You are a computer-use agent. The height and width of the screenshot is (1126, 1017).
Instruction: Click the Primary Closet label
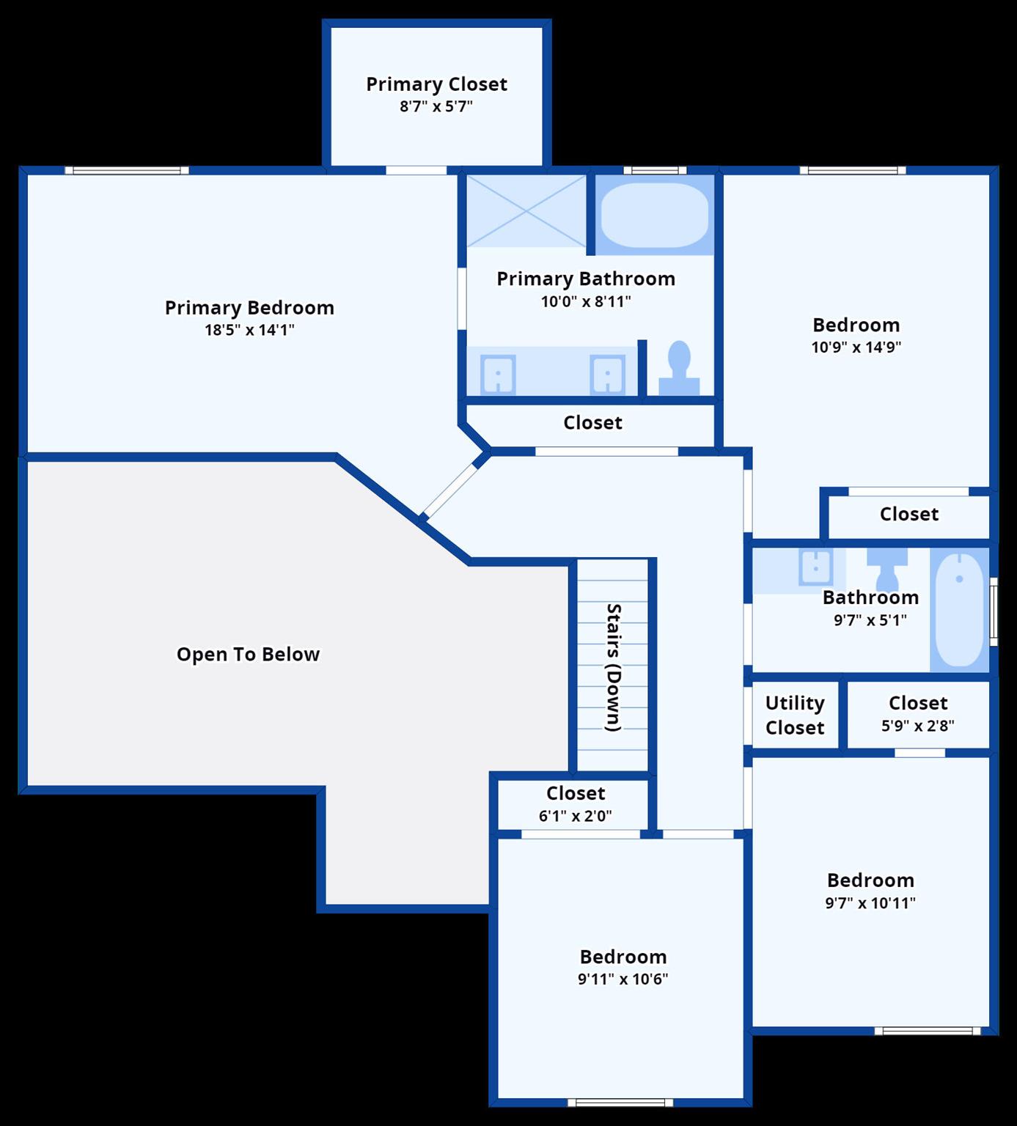(436, 84)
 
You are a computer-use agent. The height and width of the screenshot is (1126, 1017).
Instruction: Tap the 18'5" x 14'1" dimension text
(249, 330)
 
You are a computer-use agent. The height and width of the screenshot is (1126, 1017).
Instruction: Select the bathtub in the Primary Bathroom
(654, 215)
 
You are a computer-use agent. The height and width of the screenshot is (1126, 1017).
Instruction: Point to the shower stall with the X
(526, 211)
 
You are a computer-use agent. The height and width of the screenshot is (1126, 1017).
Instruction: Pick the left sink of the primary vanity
(498, 374)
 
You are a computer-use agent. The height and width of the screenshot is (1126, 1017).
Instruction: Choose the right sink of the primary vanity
(608, 374)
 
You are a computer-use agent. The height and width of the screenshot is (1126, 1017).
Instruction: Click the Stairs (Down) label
(614, 666)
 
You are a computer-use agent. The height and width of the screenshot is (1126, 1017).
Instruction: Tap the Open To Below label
(248, 654)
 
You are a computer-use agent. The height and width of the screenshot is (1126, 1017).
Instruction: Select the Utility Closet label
(795, 715)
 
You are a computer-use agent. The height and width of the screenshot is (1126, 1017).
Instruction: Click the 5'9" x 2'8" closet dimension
(917, 726)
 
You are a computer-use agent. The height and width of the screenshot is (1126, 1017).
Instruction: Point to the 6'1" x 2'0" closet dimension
(575, 816)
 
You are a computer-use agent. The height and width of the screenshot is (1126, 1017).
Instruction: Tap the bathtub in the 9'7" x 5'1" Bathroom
(959, 609)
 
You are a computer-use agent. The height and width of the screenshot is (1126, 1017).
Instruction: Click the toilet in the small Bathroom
(887, 567)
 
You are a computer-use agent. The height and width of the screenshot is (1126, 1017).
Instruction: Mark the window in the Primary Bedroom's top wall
(127, 171)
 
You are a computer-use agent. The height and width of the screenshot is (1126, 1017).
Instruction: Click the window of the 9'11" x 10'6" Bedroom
(620, 1103)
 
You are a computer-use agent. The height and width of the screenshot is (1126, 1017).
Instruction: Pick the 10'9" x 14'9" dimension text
(856, 347)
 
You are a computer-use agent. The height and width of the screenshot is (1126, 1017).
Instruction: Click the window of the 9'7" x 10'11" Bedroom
(928, 1031)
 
